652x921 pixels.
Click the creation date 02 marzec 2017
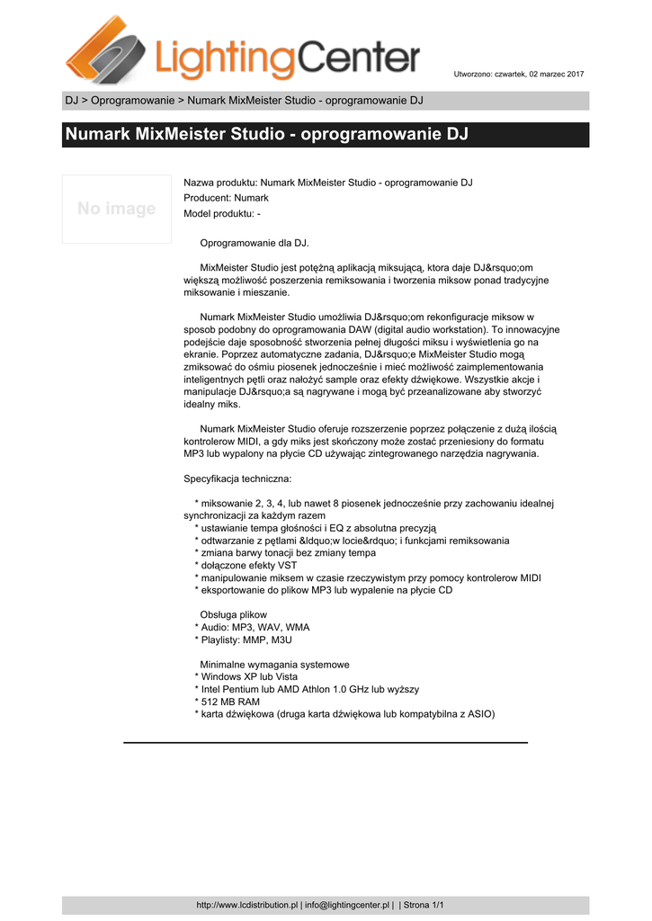(x=556, y=73)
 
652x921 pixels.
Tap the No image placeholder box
(x=117, y=209)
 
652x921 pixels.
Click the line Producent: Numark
(x=226, y=198)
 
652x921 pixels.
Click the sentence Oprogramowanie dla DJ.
(x=254, y=243)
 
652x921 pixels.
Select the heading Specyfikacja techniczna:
(x=237, y=478)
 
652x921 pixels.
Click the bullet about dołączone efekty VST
(x=246, y=565)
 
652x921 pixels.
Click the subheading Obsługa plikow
(x=233, y=614)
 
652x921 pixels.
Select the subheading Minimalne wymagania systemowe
(x=274, y=664)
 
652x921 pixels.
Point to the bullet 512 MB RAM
(x=228, y=702)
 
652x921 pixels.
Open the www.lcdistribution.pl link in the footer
(x=246, y=905)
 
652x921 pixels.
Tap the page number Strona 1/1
(x=424, y=905)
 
